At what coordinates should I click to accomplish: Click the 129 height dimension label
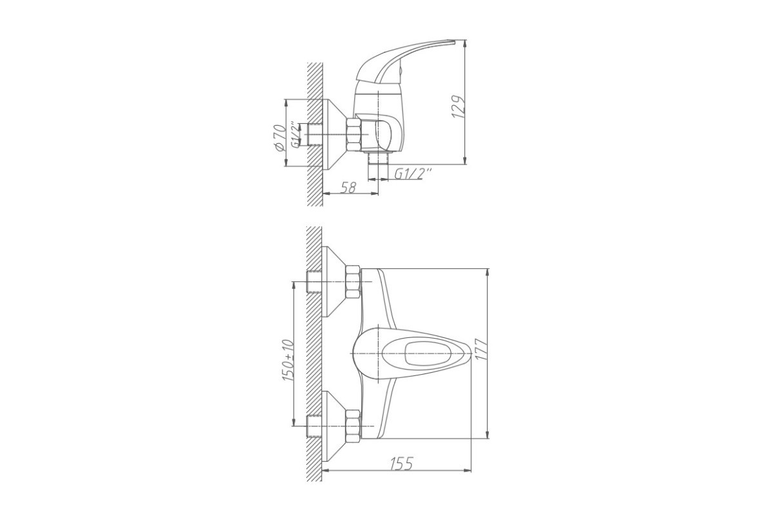(x=459, y=107)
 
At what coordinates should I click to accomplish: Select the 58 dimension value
(x=348, y=187)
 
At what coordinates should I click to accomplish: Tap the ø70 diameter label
(x=280, y=137)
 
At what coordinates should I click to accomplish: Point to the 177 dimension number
(x=481, y=350)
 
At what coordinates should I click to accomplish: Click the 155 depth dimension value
(x=402, y=464)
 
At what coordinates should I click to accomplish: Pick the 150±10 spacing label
(x=288, y=361)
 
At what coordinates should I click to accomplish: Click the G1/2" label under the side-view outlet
(x=413, y=174)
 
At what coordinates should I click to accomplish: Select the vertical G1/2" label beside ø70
(x=294, y=134)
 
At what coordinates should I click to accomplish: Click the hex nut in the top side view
(x=354, y=134)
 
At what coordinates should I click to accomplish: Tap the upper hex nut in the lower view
(x=353, y=282)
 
